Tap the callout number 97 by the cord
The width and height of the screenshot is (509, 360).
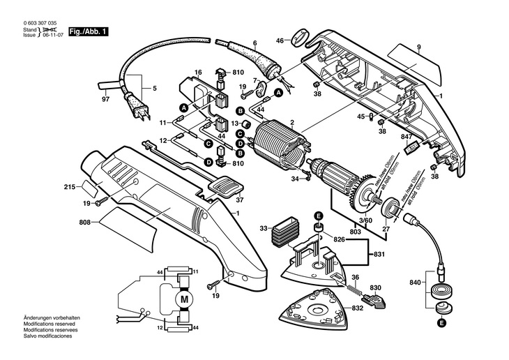(106, 100)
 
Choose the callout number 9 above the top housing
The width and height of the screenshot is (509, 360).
(419, 47)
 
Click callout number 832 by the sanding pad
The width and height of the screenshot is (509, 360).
(357, 308)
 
